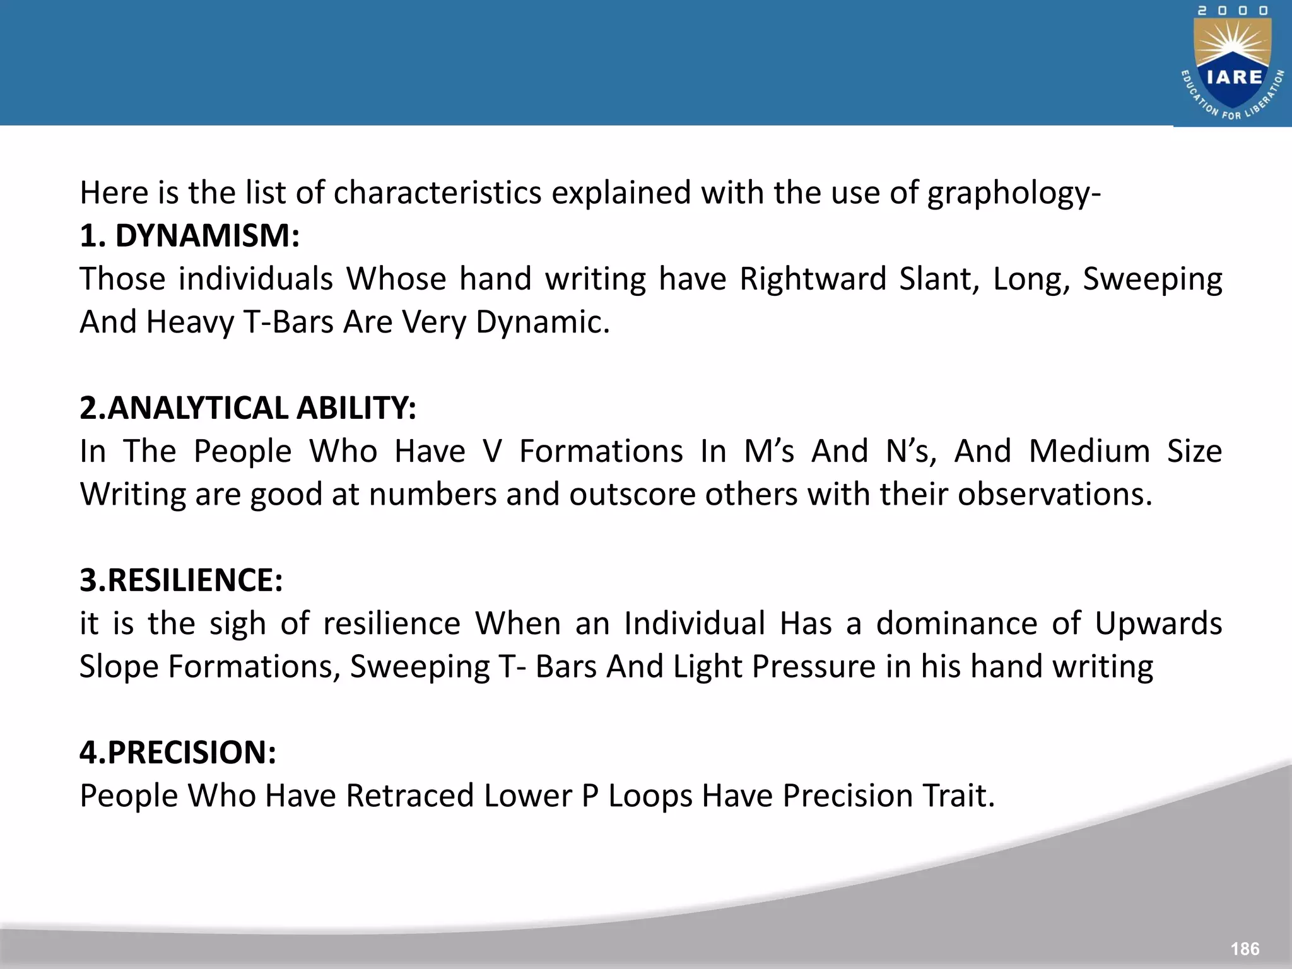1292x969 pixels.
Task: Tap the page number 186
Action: [x=1245, y=948]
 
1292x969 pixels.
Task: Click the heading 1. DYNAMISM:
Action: [x=189, y=236]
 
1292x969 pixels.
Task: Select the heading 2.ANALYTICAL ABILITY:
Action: [x=248, y=408]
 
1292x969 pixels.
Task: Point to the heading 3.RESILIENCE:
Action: [x=181, y=580]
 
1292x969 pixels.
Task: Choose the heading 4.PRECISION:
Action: [x=178, y=753]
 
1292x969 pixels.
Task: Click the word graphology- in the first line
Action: [x=1014, y=193]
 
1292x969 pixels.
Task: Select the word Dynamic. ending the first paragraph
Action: [x=543, y=322]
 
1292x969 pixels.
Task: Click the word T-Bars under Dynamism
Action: [x=288, y=322]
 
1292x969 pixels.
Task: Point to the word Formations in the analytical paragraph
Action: [x=601, y=452]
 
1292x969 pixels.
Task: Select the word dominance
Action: [x=956, y=624]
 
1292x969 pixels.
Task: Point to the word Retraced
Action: [x=409, y=796]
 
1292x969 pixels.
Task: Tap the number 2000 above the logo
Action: [x=1233, y=11]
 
